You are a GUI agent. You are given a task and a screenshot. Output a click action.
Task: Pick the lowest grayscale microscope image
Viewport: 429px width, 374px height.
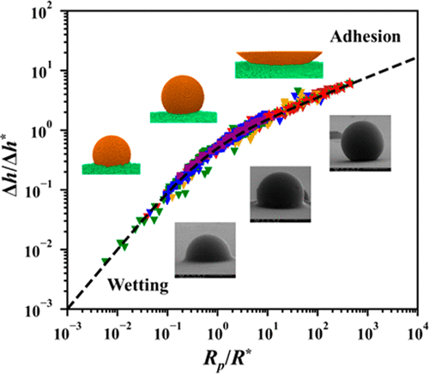(x=206, y=250)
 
